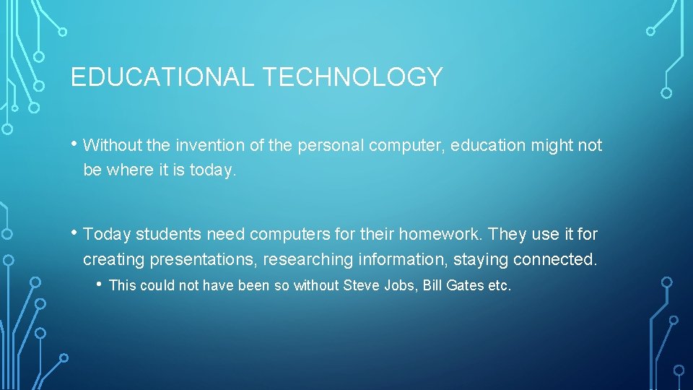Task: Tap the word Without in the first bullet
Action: pyautogui.click(x=113, y=146)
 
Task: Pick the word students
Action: pyautogui.click(x=166, y=235)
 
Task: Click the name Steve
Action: pyautogui.click(x=360, y=286)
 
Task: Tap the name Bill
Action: pyautogui.click(x=432, y=286)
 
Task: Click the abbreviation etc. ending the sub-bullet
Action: pyautogui.click(x=500, y=286)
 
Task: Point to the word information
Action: pyautogui.click(x=401, y=259)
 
